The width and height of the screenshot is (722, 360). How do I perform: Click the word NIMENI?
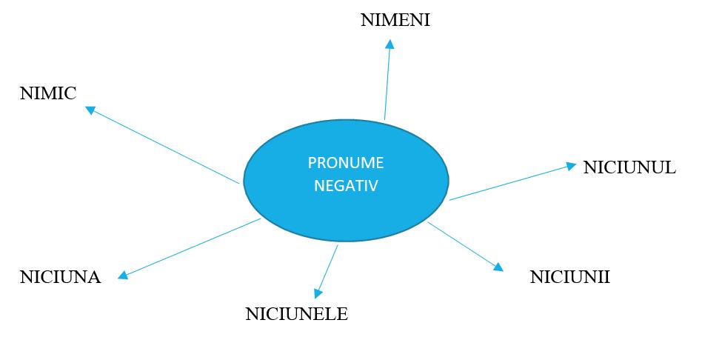395,20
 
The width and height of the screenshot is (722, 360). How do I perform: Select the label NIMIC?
48,94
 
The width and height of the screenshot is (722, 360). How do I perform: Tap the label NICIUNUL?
629,167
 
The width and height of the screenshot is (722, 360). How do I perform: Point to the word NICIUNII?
569,277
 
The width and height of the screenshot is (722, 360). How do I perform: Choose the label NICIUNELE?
296,314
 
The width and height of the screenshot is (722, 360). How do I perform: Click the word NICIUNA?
60,278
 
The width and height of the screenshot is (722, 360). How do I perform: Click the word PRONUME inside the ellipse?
346,164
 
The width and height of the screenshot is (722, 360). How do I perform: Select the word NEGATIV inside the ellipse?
346,185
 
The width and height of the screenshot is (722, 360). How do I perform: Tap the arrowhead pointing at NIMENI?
390,44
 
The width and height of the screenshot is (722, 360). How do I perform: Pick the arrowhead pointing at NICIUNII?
498,267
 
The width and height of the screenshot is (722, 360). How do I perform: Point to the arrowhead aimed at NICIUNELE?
318,294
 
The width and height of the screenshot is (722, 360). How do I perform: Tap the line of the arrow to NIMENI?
387,81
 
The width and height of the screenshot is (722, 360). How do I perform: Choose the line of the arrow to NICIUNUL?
511,182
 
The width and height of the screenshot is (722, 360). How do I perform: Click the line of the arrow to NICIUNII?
463,244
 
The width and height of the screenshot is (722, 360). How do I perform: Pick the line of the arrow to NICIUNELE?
328,269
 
